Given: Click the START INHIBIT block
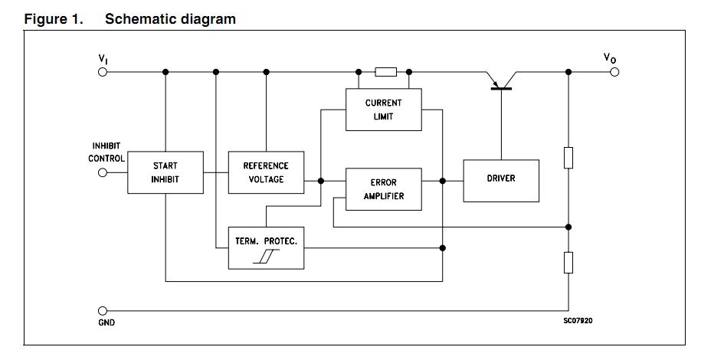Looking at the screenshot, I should pyautogui.click(x=165, y=172).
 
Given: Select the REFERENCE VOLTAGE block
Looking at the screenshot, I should pyautogui.click(x=266, y=172).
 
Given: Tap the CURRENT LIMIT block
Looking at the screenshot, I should pyautogui.click(x=383, y=110).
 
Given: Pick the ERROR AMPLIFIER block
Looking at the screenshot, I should pyautogui.click(x=383, y=189).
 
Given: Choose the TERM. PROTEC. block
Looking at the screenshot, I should pyautogui.click(x=266, y=248).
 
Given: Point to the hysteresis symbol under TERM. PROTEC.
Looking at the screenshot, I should pyautogui.click(x=265, y=258).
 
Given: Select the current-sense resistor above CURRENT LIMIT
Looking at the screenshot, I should pyautogui.click(x=385, y=72).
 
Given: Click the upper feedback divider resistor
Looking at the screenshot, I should pyautogui.click(x=568, y=157).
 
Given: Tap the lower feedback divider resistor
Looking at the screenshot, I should pyautogui.click(x=568, y=263).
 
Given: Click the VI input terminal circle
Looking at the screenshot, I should pyautogui.click(x=103, y=72).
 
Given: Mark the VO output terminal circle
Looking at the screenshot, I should pyautogui.click(x=614, y=72).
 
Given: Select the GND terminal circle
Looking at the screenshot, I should pyautogui.click(x=103, y=311).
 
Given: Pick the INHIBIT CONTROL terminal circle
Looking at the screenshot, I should pyautogui.click(x=103, y=172).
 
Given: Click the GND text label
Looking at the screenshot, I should pyautogui.click(x=106, y=323).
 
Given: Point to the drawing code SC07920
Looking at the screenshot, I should pyautogui.click(x=578, y=320).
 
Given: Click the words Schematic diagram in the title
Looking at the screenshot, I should pyautogui.click(x=170, y=19).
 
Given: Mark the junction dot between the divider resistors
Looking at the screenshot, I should pyautogui.click(x=568, y=227).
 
